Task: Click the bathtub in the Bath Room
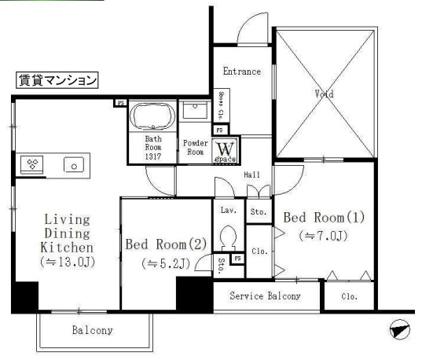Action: pyautogui.click(x=152, y=117)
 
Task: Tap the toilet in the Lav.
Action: pyautogui.click(x=229, y=237)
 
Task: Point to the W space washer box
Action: pyautogui.click(x=224, y=149)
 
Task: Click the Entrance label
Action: pyautogui.click(x=241, y=72)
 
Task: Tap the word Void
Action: pyautogui.click(x=324, y=94)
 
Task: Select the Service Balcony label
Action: pyautogui.click(x=265, y=296)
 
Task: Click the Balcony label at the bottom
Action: pyautogui.click(x=93, y=331)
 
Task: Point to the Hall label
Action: pyautogui.click(x=251, y=174)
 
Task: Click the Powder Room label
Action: pyautogui.click(x=195, y=148)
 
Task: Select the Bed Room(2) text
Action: pyautogui.click(x=166, y=244)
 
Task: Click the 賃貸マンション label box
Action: pyautogui.click(x=57, y=79)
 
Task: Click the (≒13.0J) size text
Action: pyautogui.click(x=67, y=263)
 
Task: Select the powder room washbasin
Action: pyautogui.click(x=193, y=111)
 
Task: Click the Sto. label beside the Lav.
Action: pyautogui.click(x=258, y=211)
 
